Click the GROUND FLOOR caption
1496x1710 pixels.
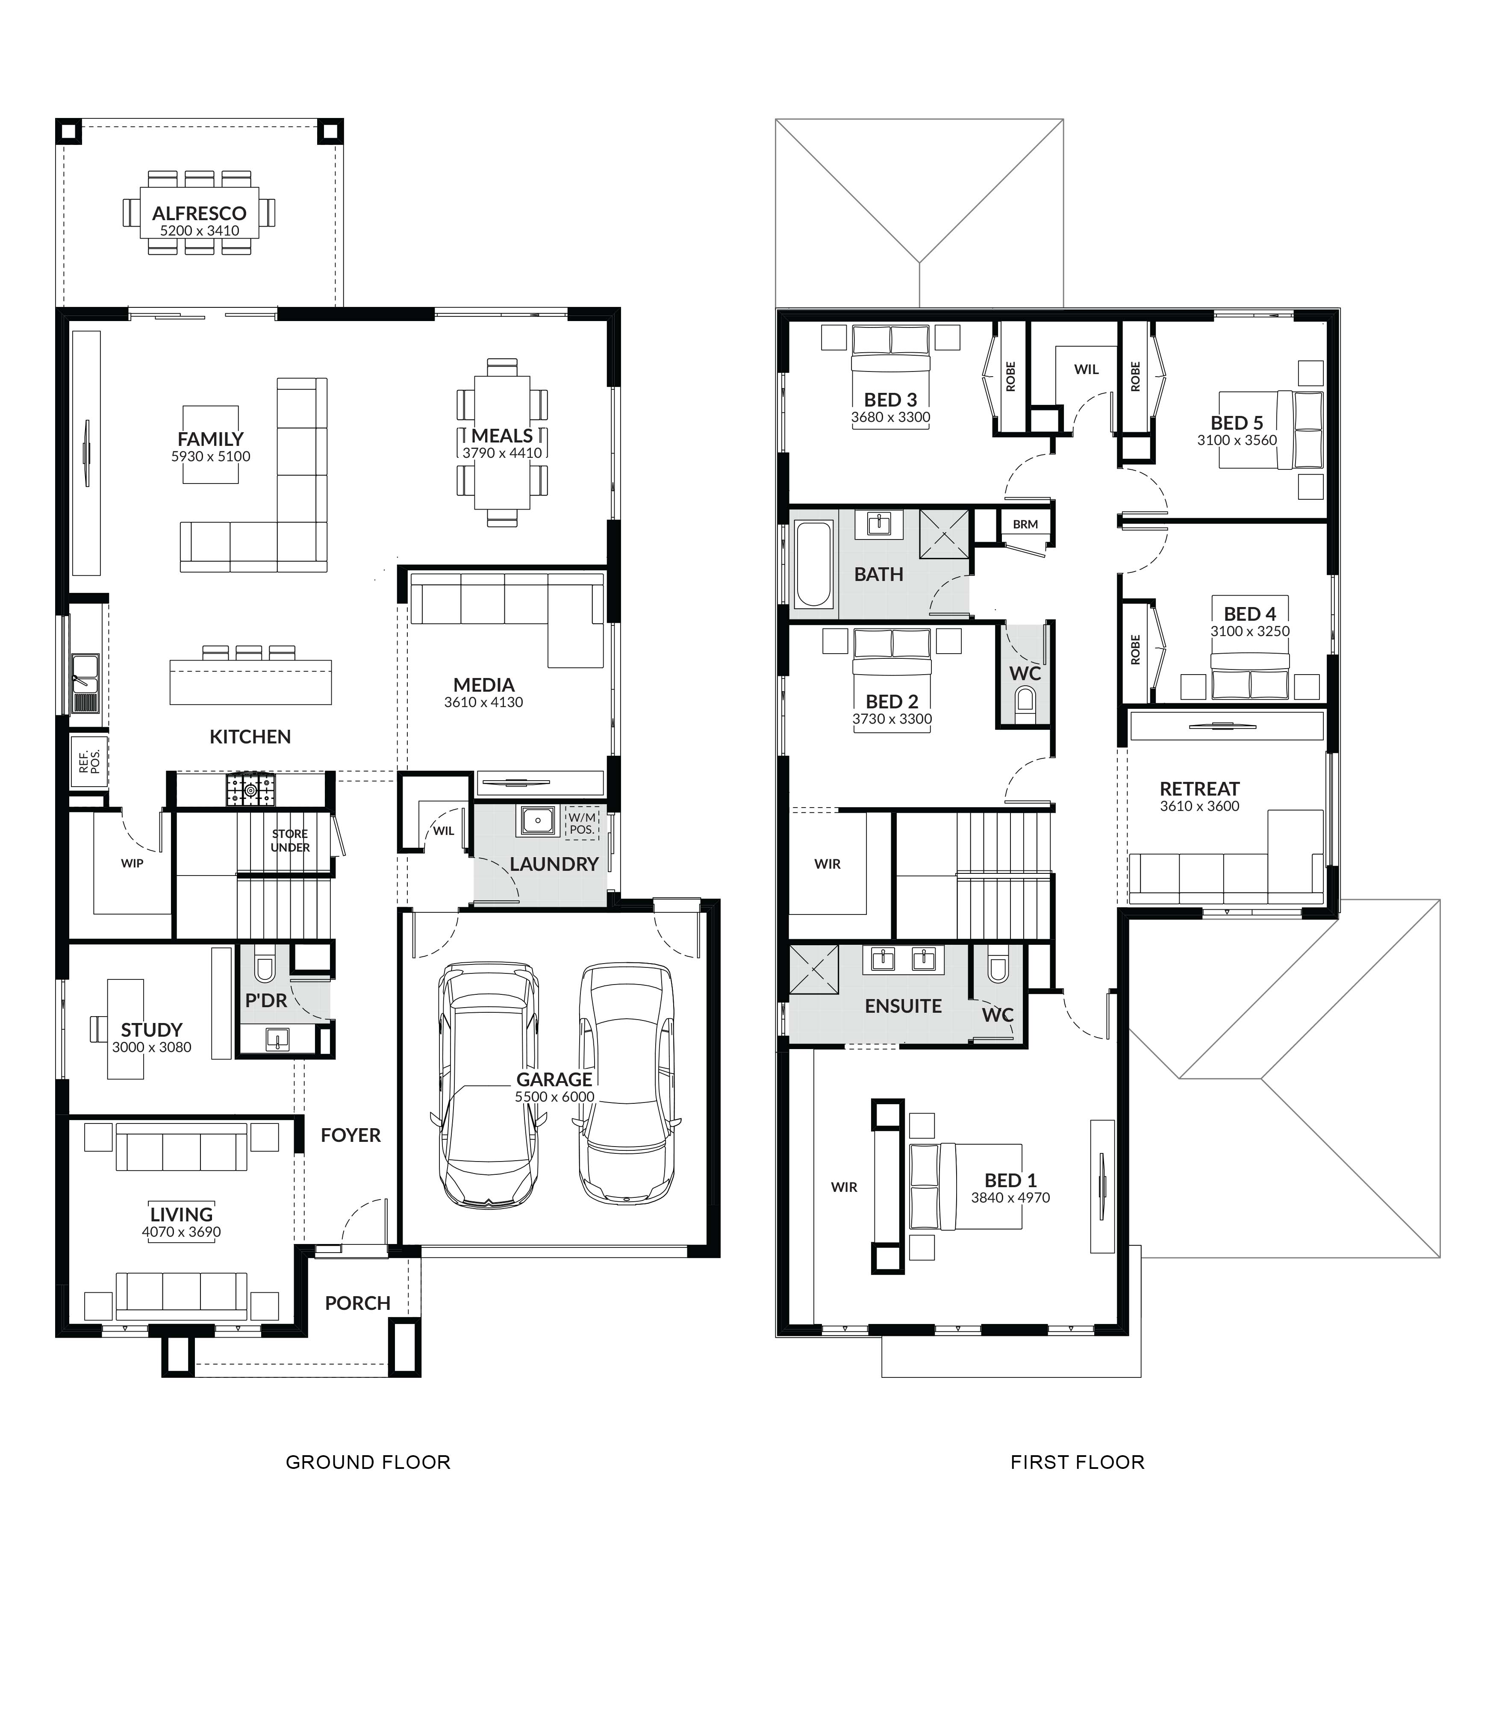pyautogui.click(x=368, y=1462)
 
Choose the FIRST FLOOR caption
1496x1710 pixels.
pyautogui.click(x=1077, y=1462)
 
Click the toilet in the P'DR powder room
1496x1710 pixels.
pyautogui.click(x=265, y=967)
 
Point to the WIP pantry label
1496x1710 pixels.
pyautogui.click(x=132, y=864)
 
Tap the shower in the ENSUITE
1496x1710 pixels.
pyautogui.click(x=814, y=970)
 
